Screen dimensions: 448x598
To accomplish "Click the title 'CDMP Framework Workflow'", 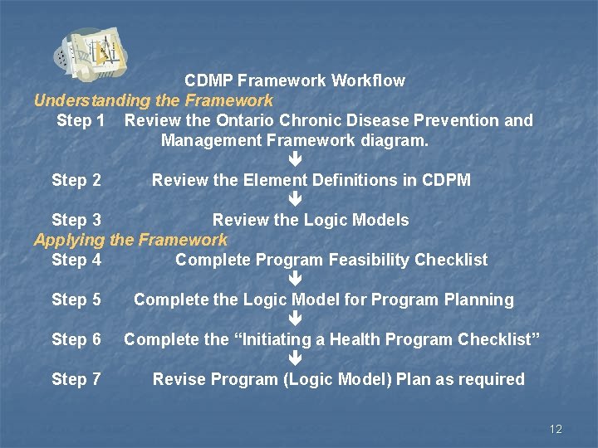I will point(295,80).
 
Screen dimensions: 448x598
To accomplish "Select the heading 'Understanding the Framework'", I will point(153,100).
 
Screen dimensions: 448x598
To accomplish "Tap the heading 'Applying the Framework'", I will point(130,240).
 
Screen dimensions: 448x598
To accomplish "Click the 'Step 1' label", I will point(81,120).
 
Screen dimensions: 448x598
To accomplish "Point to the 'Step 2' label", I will point(76,180).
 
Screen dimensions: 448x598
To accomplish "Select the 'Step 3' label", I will point(76,220).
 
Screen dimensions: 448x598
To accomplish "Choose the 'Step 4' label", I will point(76,260).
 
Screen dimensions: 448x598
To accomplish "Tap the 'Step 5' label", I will point(76,299).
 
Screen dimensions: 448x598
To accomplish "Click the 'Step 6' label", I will point(76,339).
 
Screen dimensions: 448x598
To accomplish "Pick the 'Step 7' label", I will point(76,379).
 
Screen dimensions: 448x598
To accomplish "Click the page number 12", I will point(556,429).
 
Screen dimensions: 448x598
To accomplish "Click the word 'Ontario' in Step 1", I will point(254,120).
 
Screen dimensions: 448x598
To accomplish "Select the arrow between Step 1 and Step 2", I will point(295,159).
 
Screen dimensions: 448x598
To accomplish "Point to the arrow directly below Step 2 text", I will point(295,199).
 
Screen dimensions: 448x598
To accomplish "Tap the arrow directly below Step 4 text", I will point(295,280).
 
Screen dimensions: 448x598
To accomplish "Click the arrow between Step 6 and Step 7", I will point(295,359).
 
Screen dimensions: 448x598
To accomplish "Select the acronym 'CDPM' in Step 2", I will point(446,180).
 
